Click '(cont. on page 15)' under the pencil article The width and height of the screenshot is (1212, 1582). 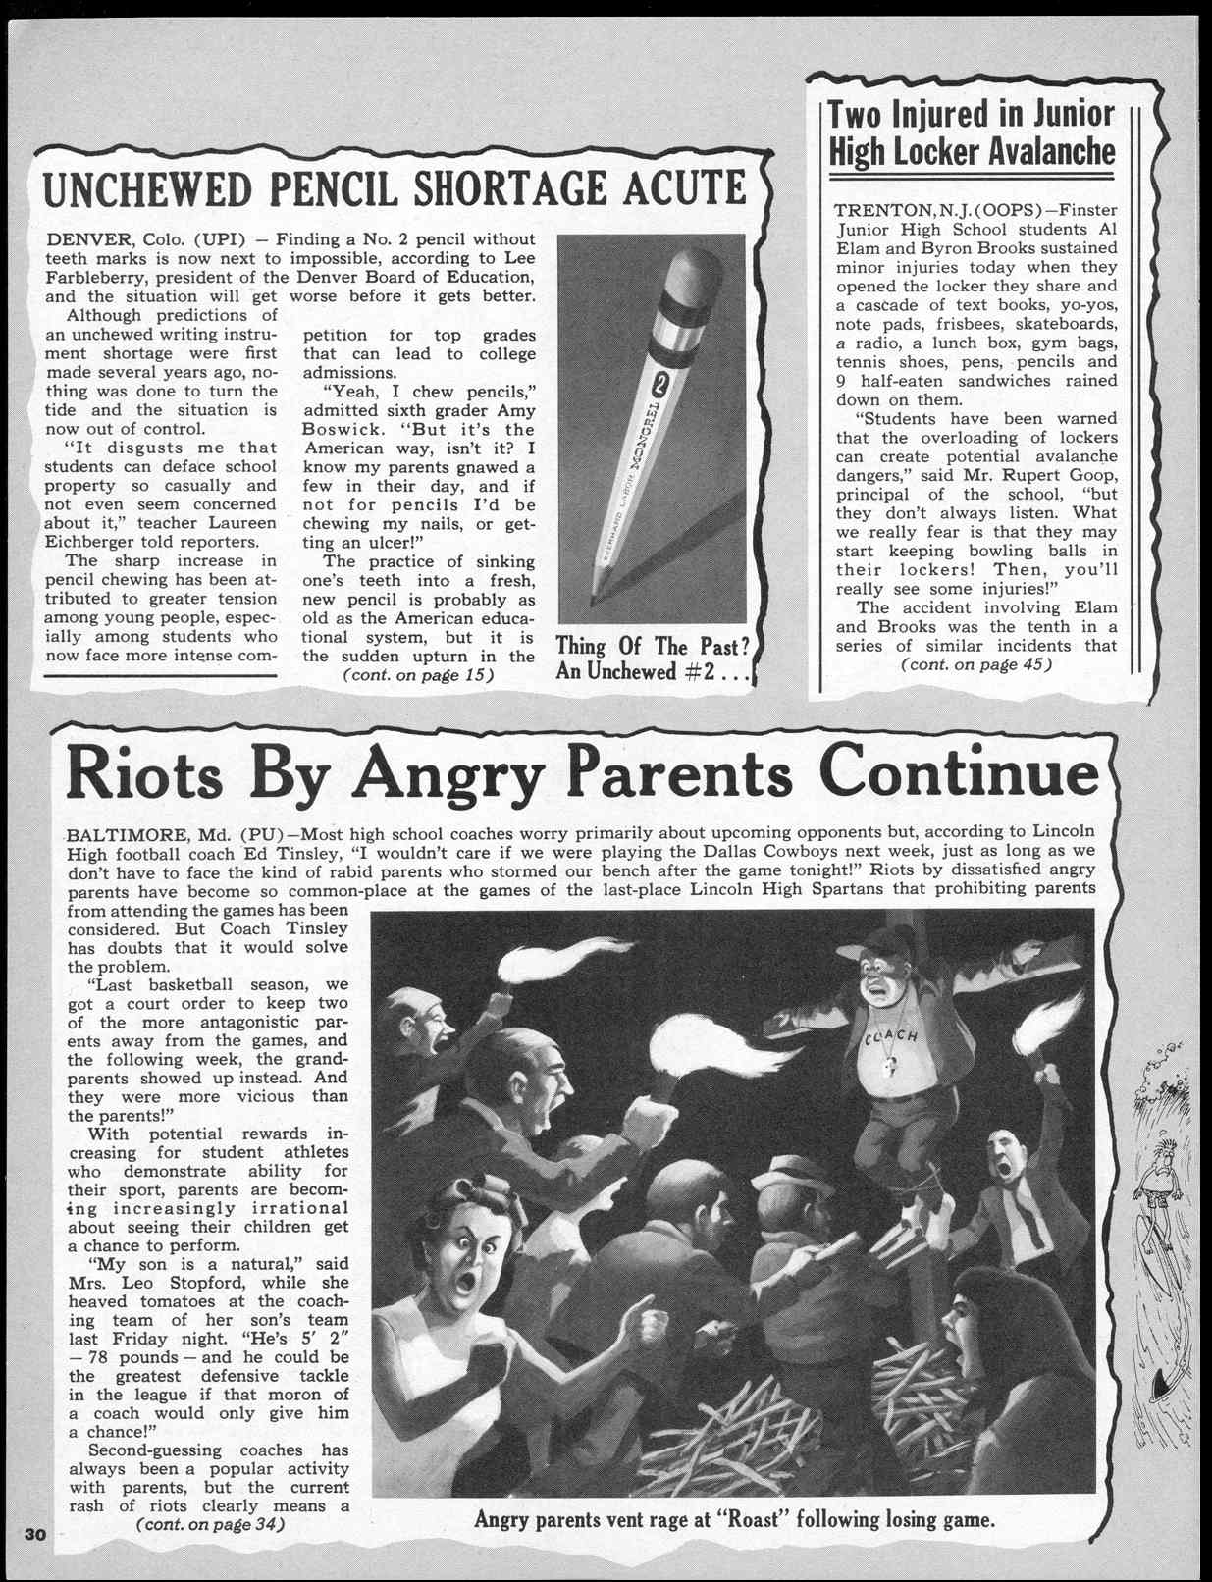(x=416, y=675)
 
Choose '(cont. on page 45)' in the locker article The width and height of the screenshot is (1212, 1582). (x=975, y=664)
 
